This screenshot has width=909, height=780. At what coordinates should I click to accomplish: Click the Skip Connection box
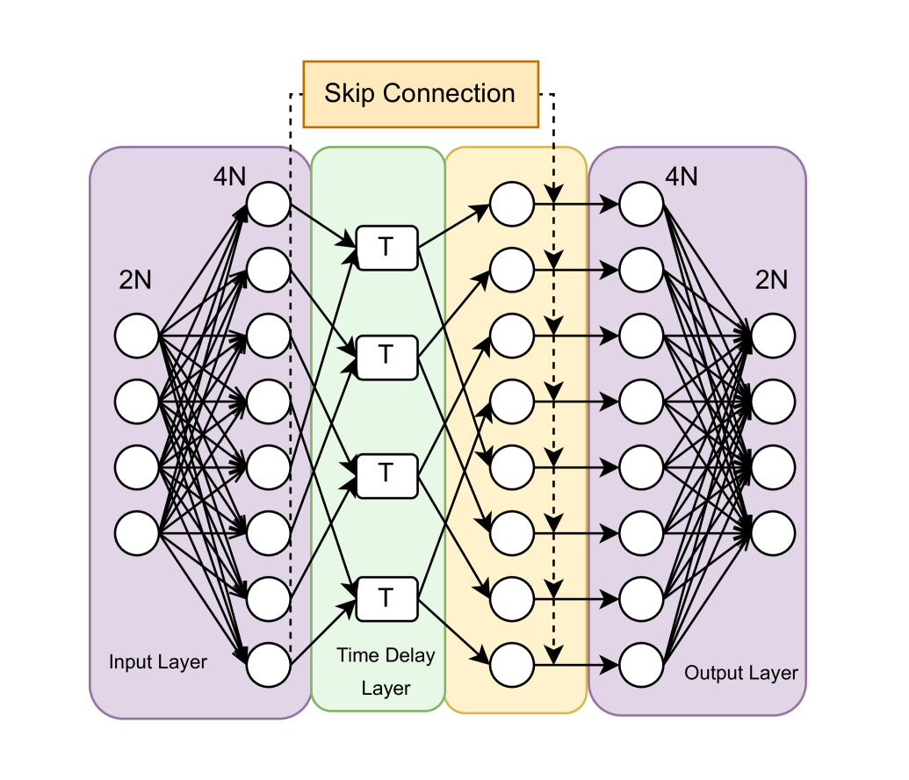pos(420,94)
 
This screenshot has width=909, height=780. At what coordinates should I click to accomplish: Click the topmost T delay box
pos(386,248)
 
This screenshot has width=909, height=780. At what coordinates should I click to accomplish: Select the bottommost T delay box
pos(386,598)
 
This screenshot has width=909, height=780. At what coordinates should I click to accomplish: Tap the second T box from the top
pos(386,357)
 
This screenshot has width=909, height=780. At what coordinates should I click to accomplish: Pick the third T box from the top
pos(386,473)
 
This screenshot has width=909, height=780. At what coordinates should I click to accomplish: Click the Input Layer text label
pos(158,661)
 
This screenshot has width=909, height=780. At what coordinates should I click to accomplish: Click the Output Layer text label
pos(741,673)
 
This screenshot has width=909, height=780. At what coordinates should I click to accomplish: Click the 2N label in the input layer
pos(135,280)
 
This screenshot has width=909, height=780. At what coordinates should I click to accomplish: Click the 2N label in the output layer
pos(771,280)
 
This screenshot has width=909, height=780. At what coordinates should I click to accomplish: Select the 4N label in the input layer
pos(229,177)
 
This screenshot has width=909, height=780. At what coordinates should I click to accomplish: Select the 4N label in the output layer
pos(681,177)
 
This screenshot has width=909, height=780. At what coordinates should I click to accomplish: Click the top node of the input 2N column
pos(137,336)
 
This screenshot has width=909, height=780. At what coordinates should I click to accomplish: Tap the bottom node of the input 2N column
pos(137,533)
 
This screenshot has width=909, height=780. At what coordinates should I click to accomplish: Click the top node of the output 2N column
pos(773,336)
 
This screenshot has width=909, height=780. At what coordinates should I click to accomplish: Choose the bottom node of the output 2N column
pos(773,533)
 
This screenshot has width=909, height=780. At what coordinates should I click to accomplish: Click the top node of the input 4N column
pos(268,205)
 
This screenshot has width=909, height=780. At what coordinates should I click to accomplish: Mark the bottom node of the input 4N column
pos(268,664)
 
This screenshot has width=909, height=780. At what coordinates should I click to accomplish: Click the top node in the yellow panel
pos(512,205)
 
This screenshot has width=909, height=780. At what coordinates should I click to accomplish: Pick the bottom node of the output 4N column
pos(641,664)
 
